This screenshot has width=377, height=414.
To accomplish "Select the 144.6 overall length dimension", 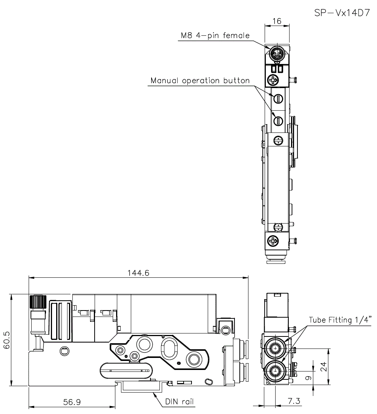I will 138,273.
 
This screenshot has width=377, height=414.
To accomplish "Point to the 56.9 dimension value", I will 72,402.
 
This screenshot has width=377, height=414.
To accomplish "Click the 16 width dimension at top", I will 277,21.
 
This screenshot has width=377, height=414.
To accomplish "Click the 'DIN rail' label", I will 179,402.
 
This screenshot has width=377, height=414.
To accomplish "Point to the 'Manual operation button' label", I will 200,81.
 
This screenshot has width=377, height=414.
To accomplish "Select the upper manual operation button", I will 278,99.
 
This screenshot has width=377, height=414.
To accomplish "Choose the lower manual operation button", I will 278,121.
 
